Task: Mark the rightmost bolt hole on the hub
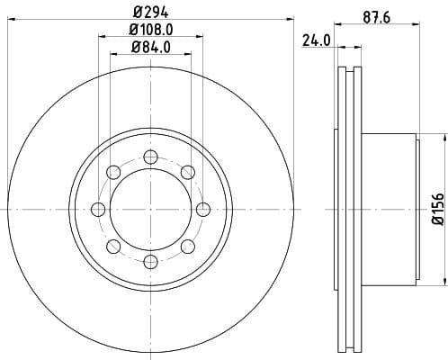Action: pos(202,210)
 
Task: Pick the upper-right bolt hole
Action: pos(187,172)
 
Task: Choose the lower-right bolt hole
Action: pos(187,247)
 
